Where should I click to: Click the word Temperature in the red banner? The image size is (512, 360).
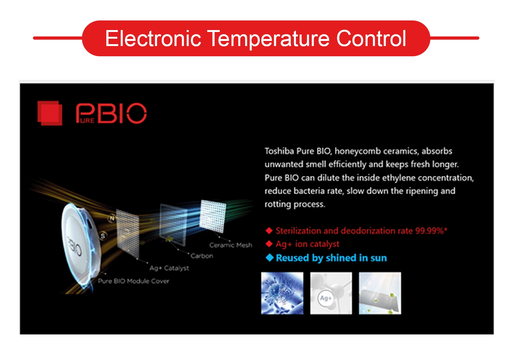(x=269, y=39)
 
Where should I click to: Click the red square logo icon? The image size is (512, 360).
(x=50, y=113)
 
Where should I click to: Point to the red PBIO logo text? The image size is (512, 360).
(x=111, y=113)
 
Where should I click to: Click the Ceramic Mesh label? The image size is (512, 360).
(x=231, y=245)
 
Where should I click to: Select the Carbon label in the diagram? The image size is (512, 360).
(x=202, y=256)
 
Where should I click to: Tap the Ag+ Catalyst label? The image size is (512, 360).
(x=169, y=268)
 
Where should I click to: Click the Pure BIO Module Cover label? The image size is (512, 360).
(x=133, y=281)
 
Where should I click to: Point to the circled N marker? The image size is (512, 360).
(x=112, y=218)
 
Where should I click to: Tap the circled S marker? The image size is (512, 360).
(x=103, y=236)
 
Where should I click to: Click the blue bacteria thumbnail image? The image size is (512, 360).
(x=282, y=293)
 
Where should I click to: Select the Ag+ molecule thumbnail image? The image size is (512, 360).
(x=331, y=293)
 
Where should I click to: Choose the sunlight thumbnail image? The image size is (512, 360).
(x=380, y=293)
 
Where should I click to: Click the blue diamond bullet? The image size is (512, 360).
(x=270, y=258)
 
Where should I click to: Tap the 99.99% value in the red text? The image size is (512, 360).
(x=430, y=231)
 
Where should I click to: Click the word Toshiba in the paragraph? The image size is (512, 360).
(x=279, y=151)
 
